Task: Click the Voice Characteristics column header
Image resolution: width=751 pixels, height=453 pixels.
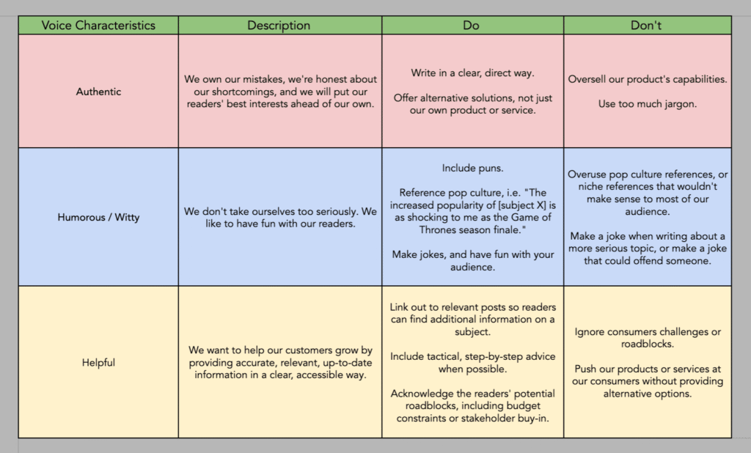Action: coord(98,25)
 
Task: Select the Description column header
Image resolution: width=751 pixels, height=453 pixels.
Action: coord(279,25)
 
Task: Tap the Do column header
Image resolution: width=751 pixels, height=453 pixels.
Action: coord(472,25)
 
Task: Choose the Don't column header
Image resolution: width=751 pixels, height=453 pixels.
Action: coord(646,25)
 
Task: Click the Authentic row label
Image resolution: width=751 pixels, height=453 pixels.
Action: coord(98,92)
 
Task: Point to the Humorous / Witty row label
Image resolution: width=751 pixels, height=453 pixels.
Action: coord(98,217)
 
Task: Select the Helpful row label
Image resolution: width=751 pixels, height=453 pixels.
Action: coord(98,362)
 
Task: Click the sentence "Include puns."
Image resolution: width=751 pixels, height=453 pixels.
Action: coord(472,168)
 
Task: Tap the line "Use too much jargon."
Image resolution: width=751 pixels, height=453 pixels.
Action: coord(647,104)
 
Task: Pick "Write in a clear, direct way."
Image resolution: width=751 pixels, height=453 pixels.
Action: coord(472,73)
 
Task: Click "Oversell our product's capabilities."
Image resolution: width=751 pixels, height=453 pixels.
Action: coord(647,79)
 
